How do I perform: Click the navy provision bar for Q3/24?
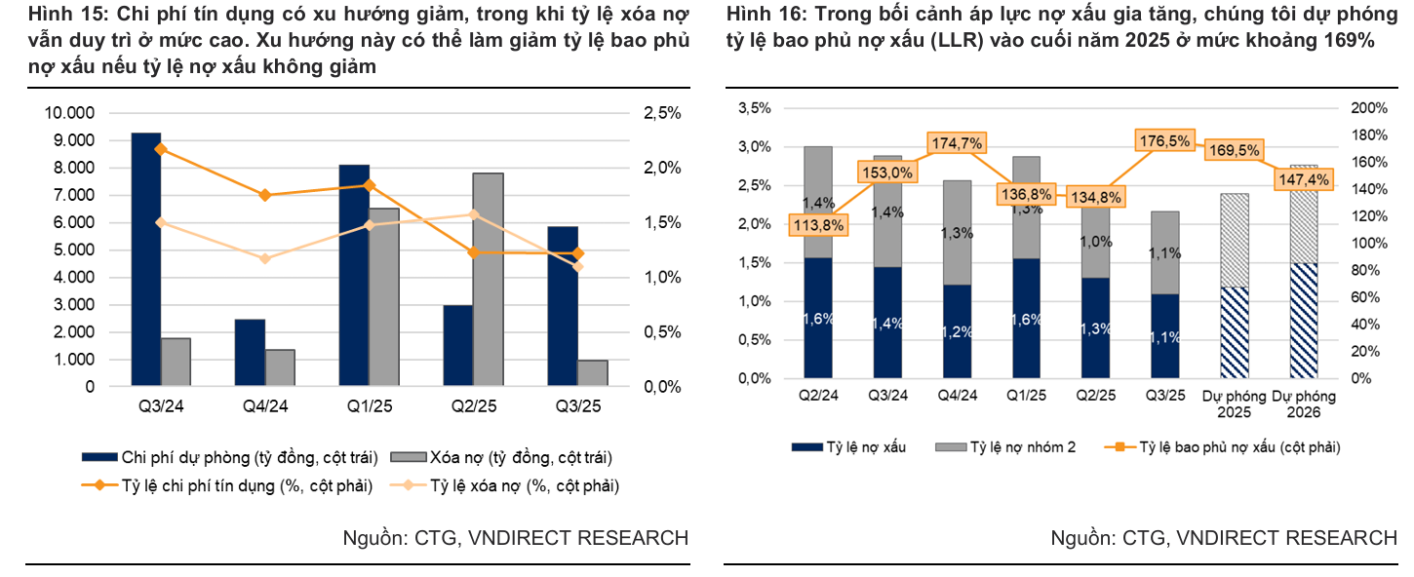[x=145, y=259]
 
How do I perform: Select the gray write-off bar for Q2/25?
[x=488, y=280]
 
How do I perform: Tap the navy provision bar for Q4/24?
[x=250, y=352]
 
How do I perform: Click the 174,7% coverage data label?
[x=956, y=143]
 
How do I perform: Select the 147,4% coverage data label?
[x=1303, y=180]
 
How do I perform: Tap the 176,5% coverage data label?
[x=1164, y=141]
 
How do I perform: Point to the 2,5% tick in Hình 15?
[x=662, y=113]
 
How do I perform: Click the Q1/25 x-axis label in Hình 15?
[x=370, y=406]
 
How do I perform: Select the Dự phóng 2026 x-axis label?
[x=1304, y=404]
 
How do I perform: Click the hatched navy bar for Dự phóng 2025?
[x=1234, y=332]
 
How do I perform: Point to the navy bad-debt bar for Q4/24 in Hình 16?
[x=957, y=331]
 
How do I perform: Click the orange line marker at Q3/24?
[x=161, y=149]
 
